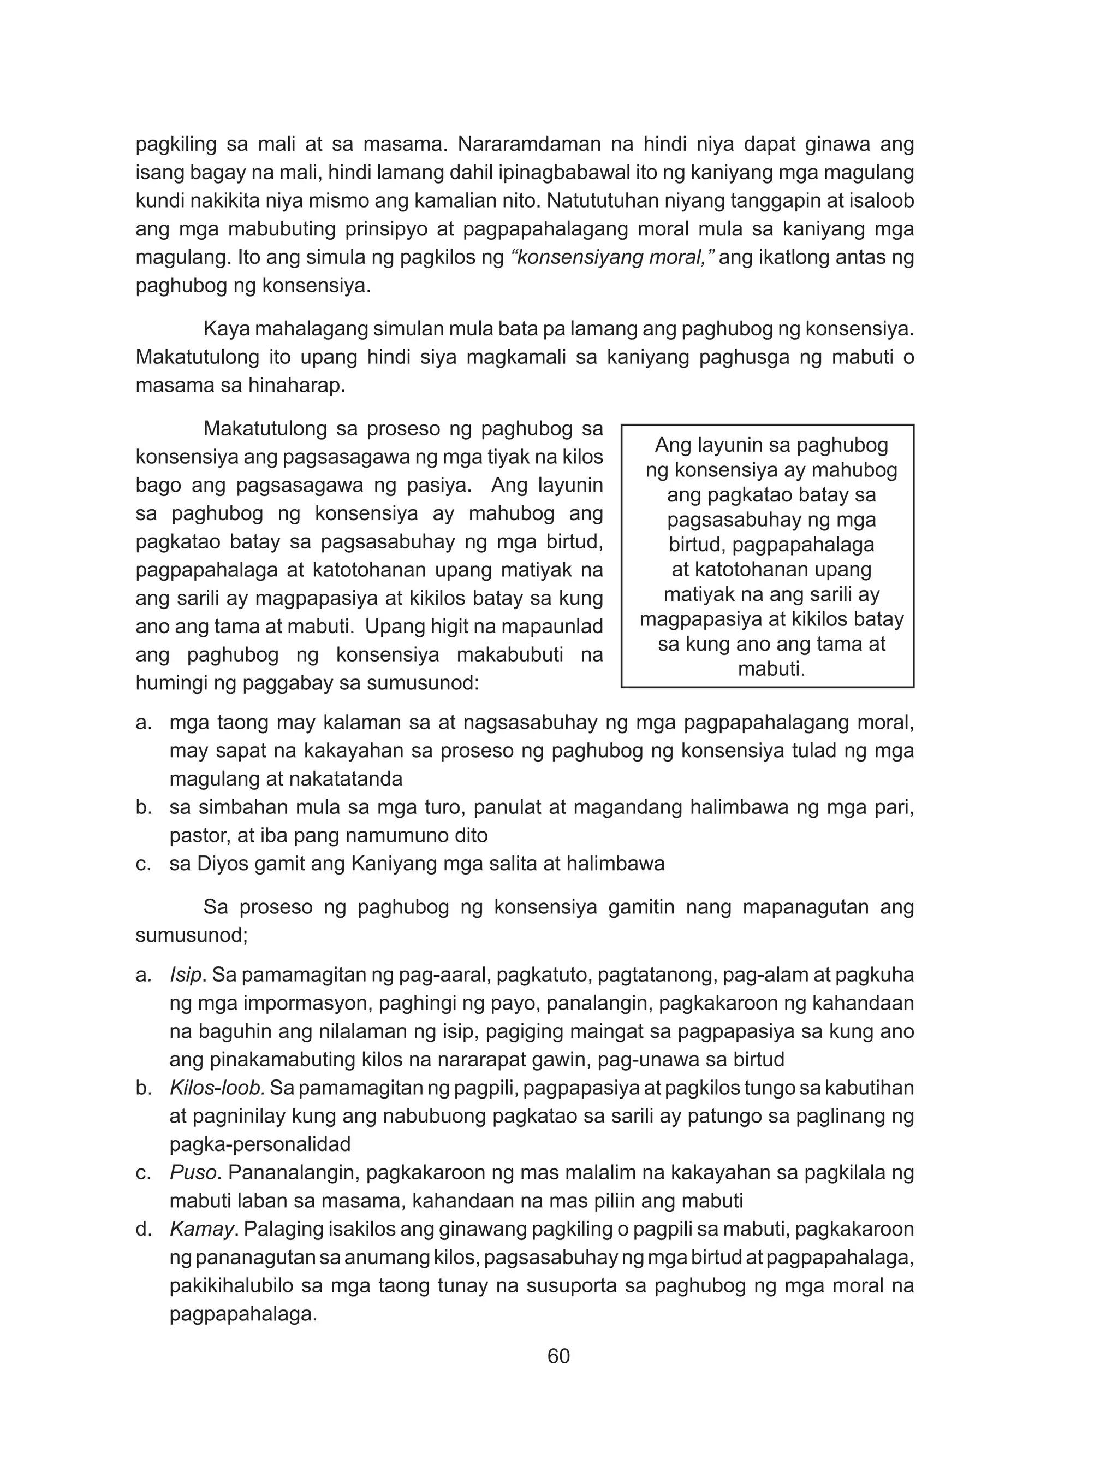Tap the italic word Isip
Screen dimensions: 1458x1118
(x=186, y=975)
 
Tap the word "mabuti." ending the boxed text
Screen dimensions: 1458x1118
(x=771, y=669)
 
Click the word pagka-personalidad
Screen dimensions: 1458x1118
(x=259, y=1144)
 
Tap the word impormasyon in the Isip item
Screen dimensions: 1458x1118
(x=278, y=1004)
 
